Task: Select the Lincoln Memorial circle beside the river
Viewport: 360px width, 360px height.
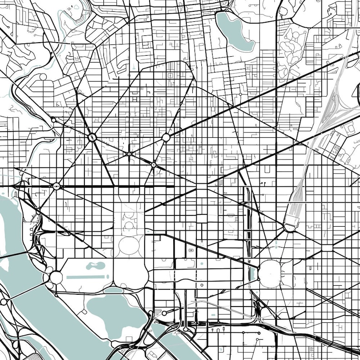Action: [x=56, y=277]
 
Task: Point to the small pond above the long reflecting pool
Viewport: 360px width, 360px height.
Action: [x=95, y=265]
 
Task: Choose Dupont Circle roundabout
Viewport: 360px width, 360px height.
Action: [x=92, y=137]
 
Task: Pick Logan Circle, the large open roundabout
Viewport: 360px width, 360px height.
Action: [x=166, y=137]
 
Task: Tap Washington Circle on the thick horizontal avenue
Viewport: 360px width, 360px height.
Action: [x=56, y=186]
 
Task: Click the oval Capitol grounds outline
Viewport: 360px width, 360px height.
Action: [x=271, y=273]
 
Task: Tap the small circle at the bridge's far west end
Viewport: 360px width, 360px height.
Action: [x=4, y=302]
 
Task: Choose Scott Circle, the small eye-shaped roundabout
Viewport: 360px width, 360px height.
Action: [x=129, y=154]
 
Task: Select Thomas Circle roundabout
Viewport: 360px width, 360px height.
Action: [x=153, y=165]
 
